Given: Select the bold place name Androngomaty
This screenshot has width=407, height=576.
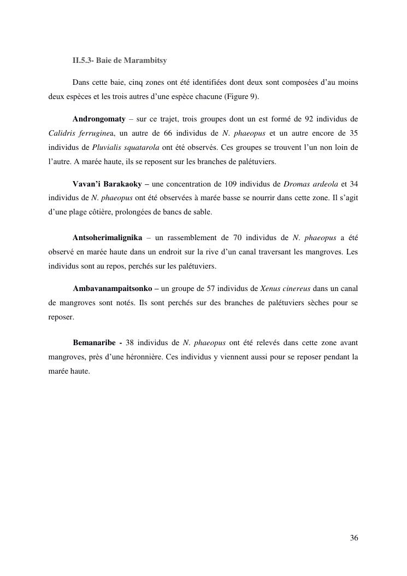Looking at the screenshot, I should pyautogui.click(x=99, y=119).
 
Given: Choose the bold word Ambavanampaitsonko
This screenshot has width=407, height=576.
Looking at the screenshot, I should pyautogui.click(x=113, y=288).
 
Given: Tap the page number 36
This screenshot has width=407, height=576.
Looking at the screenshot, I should pyautogui.click(x=354, y=538).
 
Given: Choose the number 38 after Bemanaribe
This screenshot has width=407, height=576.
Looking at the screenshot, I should pyautogui.click(x=130, y=343).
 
